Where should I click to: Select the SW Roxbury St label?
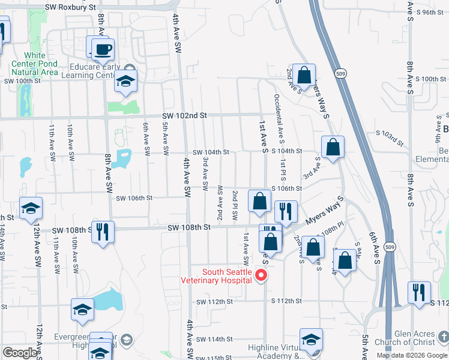[x=70, y=7]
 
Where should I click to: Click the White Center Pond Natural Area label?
[x=35, y=64]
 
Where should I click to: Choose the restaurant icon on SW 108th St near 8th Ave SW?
[x=103, y=231]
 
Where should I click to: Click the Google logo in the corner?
[x=19, y=353]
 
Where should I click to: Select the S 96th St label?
[x=430, y=11]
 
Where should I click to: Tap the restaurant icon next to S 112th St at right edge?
[x=418, y=292]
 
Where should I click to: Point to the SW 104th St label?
[x=211, y=152]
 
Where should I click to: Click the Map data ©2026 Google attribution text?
[x=412, y=355]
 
